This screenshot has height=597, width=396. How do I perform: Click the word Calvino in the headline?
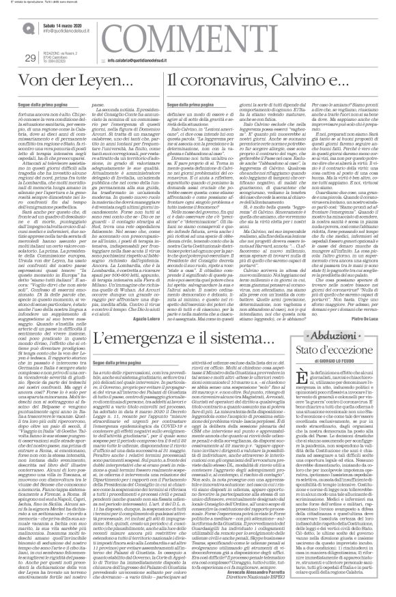pos(301,100)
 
